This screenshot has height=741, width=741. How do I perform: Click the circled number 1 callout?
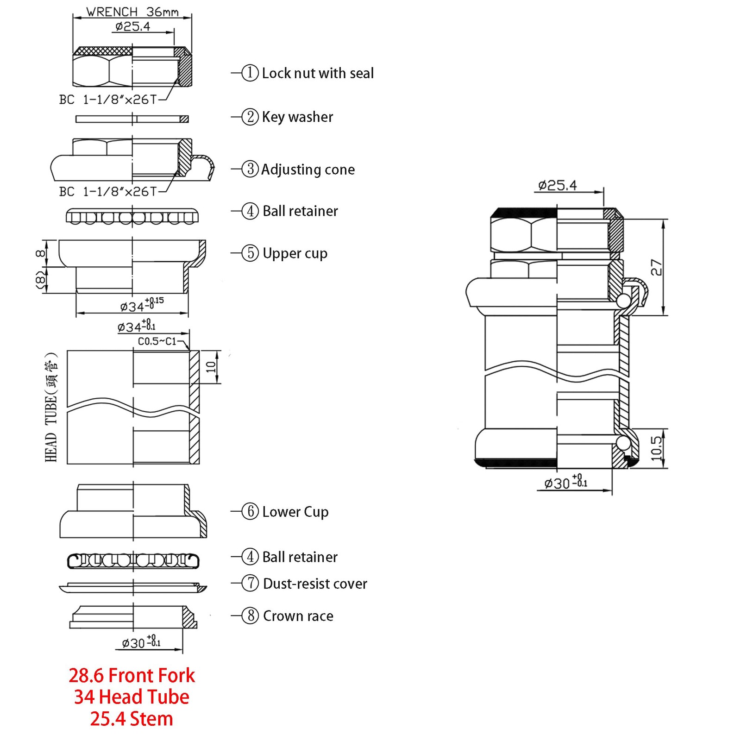250,73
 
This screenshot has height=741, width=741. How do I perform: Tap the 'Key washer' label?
297,117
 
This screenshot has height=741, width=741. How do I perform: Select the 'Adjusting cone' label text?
308,170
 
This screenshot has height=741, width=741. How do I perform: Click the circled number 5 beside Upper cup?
250,253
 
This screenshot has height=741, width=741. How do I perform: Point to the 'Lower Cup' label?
295,512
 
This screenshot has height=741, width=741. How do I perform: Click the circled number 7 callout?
250,583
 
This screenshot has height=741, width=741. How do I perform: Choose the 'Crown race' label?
298,616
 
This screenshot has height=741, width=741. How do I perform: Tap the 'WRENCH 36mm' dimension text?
132,12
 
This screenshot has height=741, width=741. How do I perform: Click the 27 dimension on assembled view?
656,267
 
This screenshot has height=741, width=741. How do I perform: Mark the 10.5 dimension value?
656,448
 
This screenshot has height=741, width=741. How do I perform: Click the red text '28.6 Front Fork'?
132,675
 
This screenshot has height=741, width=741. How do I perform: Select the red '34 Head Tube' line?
132,697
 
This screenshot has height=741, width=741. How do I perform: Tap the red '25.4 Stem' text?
132,719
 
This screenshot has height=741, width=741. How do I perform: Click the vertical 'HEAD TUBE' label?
51,408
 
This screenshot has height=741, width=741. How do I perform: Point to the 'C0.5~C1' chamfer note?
157,341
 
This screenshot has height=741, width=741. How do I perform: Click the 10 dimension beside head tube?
211,367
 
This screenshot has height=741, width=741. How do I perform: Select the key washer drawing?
132,119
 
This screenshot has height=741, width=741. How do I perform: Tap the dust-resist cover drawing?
133,587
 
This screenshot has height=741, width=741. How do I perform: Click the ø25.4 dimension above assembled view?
558,186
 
